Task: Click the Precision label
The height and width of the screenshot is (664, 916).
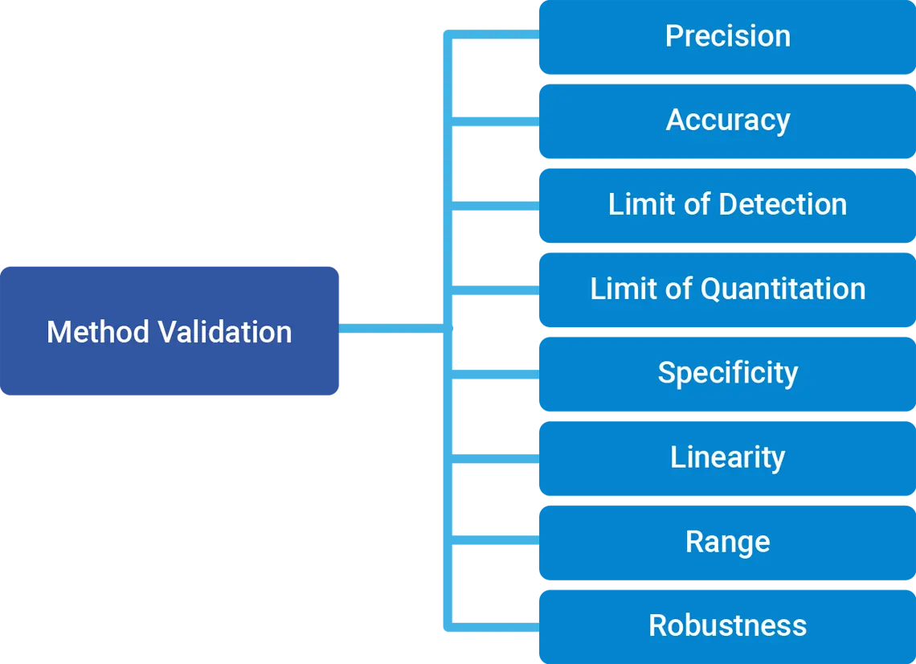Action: (728, 36)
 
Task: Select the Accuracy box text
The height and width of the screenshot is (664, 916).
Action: (728, 120)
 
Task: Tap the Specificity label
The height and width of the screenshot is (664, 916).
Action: (728, 372)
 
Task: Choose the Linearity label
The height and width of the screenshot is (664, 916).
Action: (728, 457)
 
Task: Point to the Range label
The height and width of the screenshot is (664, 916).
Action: (728, 542)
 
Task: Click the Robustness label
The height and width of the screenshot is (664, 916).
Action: (728, 625)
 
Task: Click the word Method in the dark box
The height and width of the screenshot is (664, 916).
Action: (98, 332)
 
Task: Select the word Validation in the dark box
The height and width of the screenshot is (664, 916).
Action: (225, 332)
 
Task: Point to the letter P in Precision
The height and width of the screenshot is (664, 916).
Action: (673, 36)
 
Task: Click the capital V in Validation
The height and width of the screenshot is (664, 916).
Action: (166, 332)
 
